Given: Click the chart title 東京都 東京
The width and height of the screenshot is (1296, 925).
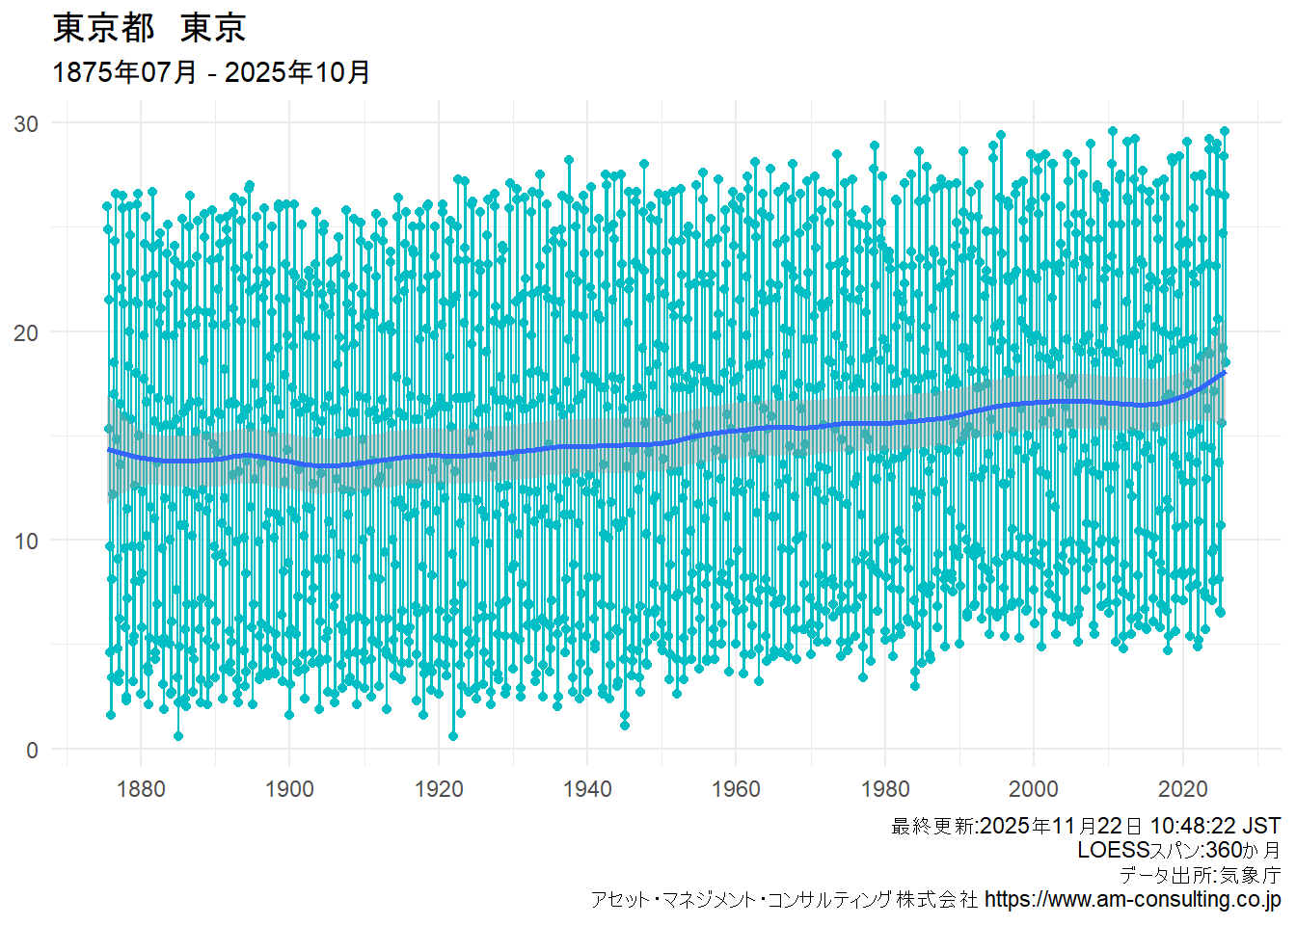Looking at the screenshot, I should click(149, 28).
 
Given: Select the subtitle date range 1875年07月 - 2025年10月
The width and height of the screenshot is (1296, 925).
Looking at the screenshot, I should click(211, 72).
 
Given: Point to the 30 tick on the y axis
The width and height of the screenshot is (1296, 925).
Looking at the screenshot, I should click(26, 123).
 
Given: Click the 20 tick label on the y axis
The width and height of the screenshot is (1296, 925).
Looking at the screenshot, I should click(26, 332).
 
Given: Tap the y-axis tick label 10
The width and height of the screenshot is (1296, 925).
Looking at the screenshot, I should click(26, 542).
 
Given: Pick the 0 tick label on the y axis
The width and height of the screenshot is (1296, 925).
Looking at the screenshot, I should click(33, 750).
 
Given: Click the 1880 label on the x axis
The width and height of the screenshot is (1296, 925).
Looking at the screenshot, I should click(141, 789).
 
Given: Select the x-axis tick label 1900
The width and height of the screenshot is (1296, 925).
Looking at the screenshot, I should click(289, 789).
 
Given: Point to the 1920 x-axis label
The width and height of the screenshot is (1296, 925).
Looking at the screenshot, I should click(439, 789).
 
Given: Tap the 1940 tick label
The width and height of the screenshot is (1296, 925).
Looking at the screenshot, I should click(587, 789).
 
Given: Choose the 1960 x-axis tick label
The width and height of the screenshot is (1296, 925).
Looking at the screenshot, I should click(736, 789).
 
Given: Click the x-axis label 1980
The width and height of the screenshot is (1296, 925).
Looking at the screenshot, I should click(885, 789).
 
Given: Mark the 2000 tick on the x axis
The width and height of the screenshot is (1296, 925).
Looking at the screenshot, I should click(1034, 789).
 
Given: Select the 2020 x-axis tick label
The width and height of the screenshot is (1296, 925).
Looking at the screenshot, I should click(1182, 789).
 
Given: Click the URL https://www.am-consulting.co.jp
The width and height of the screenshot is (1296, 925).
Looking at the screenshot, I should click(1133, 900).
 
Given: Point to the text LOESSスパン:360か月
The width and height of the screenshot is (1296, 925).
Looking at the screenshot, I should click(1178, 851).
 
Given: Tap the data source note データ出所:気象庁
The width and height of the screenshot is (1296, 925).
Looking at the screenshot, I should click(1200, 875).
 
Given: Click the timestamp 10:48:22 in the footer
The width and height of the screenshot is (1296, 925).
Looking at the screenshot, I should click(1192, 827).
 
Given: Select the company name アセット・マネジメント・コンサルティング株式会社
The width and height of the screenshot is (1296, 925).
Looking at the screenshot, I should click(784, 900).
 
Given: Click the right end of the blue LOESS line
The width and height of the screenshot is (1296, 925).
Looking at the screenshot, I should click(1224, 372).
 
